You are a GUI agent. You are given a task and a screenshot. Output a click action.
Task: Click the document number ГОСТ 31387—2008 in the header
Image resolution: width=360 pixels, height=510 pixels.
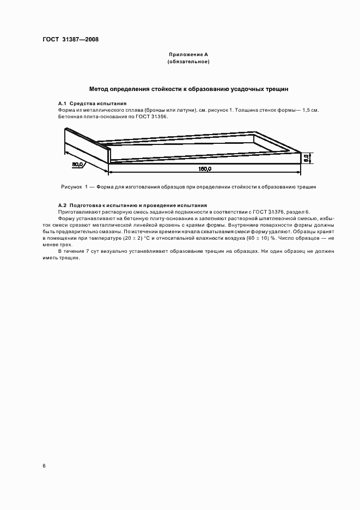70,39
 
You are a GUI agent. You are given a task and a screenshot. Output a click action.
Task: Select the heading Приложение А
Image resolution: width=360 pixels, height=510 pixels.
188,55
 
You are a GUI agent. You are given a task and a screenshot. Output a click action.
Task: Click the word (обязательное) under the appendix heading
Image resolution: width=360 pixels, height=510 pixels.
188,62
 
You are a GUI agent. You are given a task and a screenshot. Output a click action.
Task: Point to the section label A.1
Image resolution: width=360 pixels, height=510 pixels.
63,103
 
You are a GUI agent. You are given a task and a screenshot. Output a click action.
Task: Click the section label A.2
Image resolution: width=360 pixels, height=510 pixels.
63,205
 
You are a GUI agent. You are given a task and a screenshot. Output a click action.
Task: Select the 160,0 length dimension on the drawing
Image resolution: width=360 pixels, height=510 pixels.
205,169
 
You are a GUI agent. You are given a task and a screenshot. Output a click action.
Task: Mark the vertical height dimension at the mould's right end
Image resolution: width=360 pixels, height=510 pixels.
307,157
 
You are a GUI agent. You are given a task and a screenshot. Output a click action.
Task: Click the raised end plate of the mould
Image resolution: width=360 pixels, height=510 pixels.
87,145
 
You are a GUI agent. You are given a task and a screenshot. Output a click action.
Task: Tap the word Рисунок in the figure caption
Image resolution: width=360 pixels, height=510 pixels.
71,187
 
